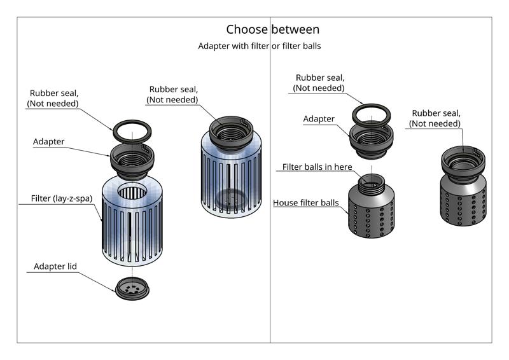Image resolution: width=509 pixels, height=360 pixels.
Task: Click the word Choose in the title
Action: click(247, 29)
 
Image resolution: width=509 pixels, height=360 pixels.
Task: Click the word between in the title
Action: click(295, 29)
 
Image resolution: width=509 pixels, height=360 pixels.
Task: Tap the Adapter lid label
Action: click(55, 267)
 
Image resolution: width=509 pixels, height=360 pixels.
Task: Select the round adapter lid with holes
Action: click(132, 290)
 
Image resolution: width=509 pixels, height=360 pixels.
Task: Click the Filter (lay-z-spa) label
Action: click(62, 198)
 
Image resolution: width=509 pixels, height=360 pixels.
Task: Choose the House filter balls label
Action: click(305, 203)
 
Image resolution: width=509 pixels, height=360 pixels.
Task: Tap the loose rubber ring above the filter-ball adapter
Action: click(372, 114)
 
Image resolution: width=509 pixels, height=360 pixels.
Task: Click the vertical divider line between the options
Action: click(270, 191)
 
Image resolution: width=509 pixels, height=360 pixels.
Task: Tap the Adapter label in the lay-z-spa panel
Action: click(48, 142)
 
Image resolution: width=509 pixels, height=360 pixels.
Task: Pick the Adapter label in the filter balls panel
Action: click(319, 119)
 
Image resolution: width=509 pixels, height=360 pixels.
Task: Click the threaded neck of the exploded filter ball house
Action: click(371, 183)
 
